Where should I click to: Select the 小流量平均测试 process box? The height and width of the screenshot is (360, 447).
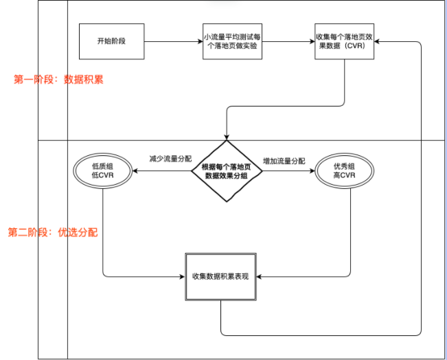click(x=233, y=41)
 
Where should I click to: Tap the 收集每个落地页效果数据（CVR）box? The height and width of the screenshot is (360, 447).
click(x=345, y=41)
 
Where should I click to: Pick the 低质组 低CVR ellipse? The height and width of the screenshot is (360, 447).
click(x=102, y=171)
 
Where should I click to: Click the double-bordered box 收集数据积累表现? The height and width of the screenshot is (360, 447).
click(x=222, y=276)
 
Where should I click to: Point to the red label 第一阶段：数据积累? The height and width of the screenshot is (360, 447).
click(x=58, y=80)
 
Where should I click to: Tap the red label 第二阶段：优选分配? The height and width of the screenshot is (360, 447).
click(x=53, y=232)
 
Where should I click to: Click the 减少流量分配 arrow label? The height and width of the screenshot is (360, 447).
click(x=172, y=159)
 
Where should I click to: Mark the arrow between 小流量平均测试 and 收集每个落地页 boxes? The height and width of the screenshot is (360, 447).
click(x=289, y=41)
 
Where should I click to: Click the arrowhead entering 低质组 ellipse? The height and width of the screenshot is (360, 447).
click(x=135, y=171)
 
